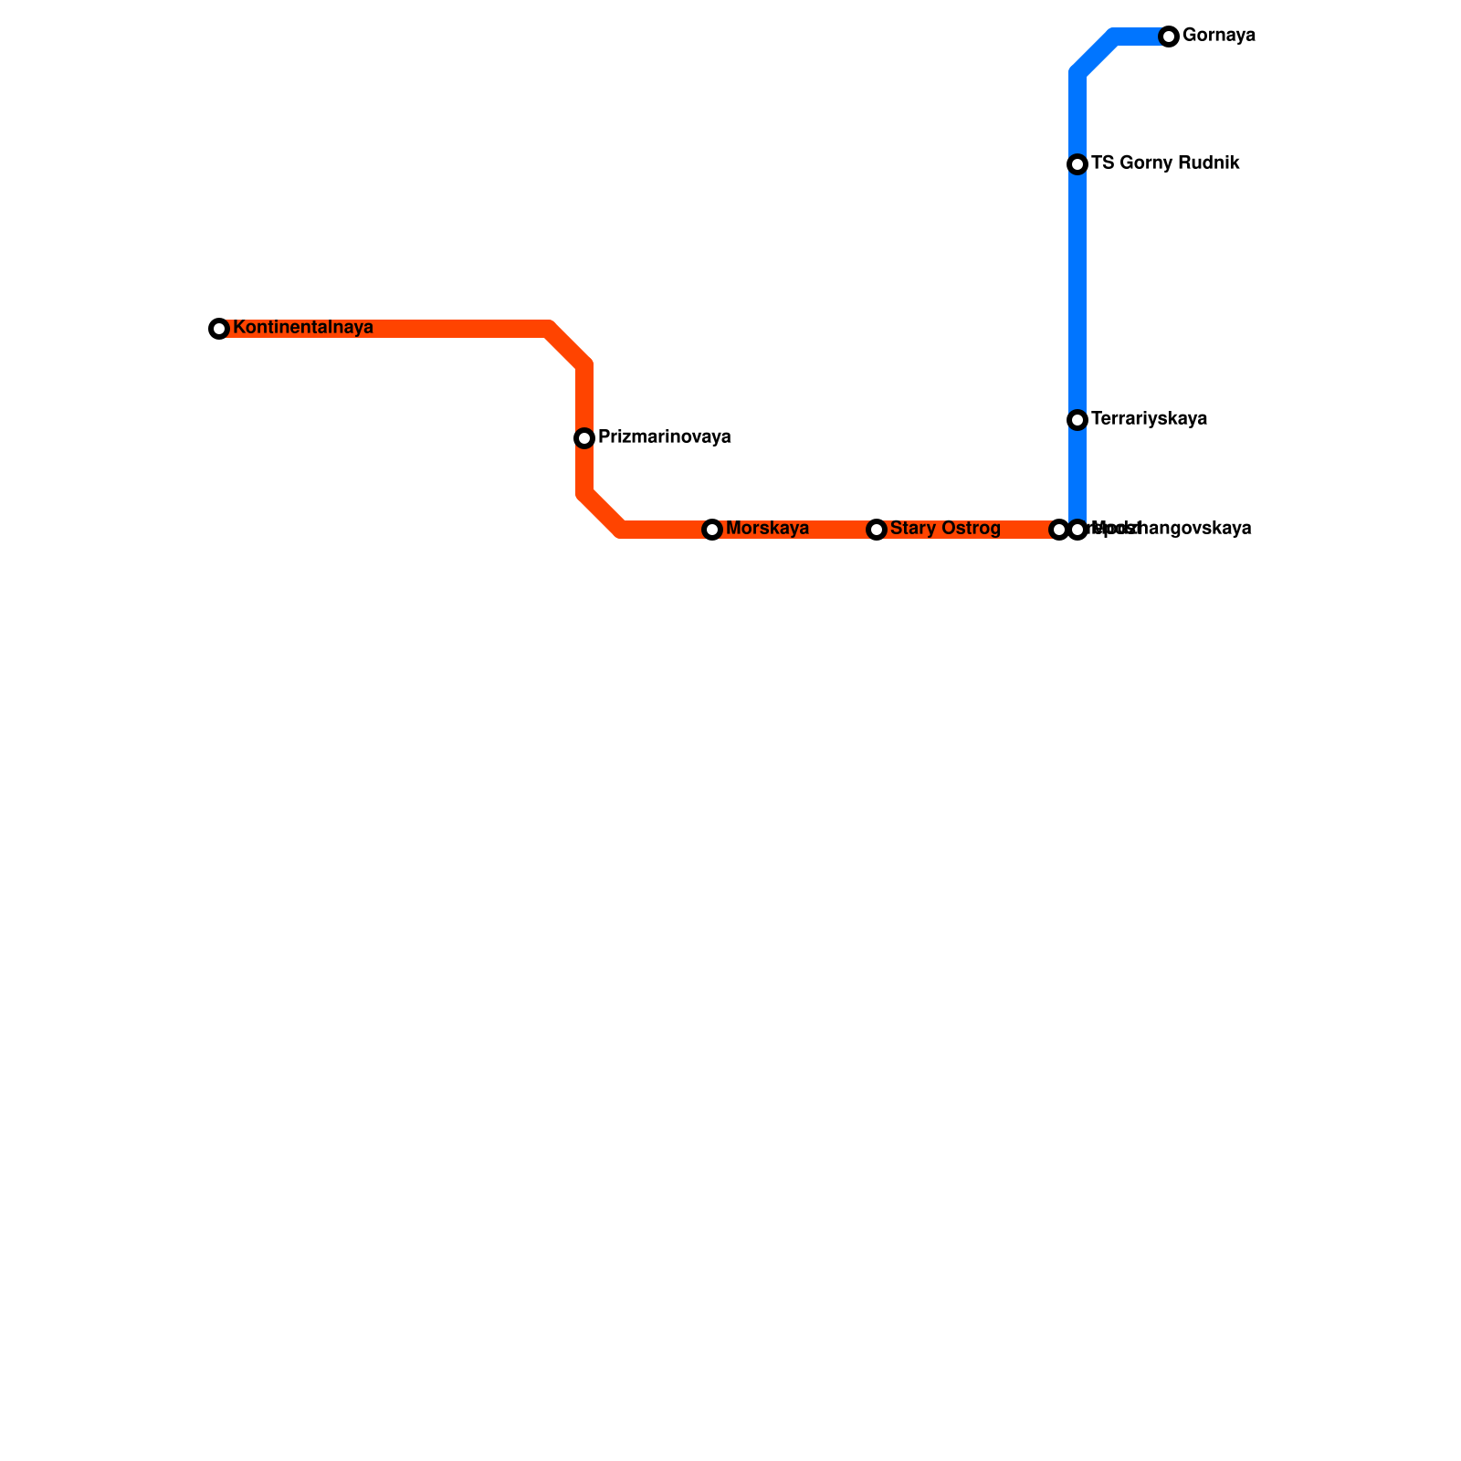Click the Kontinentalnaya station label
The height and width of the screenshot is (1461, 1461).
coord(302,328)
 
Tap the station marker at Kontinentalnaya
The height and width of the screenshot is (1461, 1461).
coord(219,329)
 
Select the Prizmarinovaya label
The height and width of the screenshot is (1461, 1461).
coord(664,437)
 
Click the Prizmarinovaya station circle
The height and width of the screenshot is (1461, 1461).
coord(584,438)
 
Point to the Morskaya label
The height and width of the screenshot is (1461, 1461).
coord(767,529)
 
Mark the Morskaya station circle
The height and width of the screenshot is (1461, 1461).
coord(712,530)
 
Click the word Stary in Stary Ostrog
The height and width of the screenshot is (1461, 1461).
coord(912,529)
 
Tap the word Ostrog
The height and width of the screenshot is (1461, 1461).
coord(971,529)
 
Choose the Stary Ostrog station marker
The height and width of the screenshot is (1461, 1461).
coord(877,530)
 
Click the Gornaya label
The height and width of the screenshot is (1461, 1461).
coord(1218,36)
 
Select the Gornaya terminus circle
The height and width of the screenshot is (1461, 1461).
coord(1169,37)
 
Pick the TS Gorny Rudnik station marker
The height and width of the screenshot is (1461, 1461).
coord(1077,164)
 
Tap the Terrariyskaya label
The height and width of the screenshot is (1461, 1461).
coord(1149,419)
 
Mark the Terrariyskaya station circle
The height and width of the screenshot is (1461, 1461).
coord(1077,420)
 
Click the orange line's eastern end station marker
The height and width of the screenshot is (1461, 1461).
coord(1059,530)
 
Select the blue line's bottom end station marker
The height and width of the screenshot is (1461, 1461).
coord(1077,530)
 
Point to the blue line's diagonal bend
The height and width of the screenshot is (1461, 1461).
coord(1096,55)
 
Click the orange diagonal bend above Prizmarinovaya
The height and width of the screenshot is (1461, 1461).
coord(567,346)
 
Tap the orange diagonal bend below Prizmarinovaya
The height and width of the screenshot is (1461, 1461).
coord(603,512)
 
